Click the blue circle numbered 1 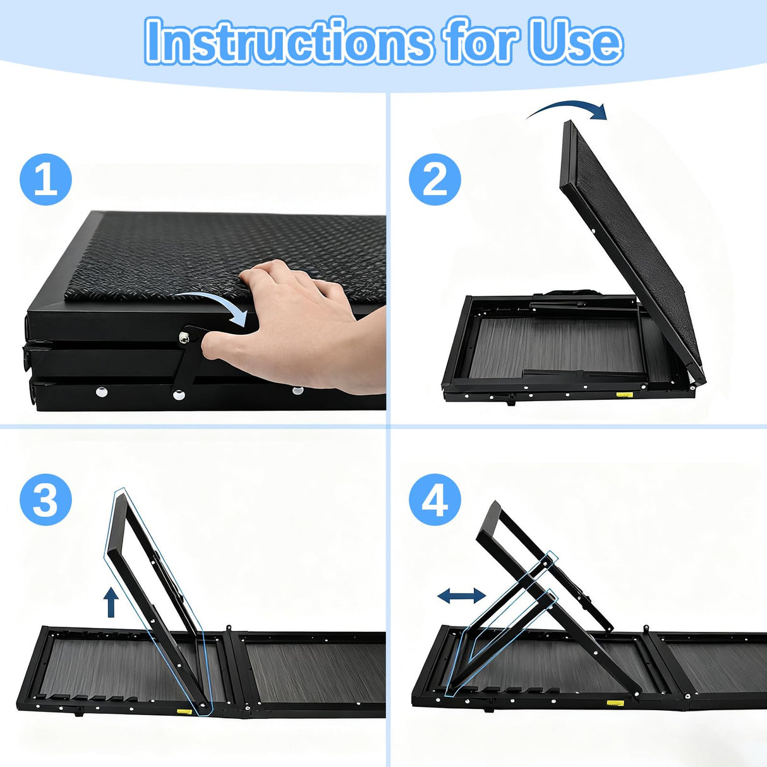[x=45, y=179]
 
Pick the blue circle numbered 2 [x=435, y=179]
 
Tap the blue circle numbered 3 [x=45, y=500]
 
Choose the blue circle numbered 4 [x=435, y=500]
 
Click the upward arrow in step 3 [x=111, y=601]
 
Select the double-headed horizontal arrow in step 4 [x=461, y=595]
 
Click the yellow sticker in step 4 [x=612, y=702]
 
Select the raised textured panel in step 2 [x=632, y=246]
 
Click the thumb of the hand [x=227, y=344]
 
